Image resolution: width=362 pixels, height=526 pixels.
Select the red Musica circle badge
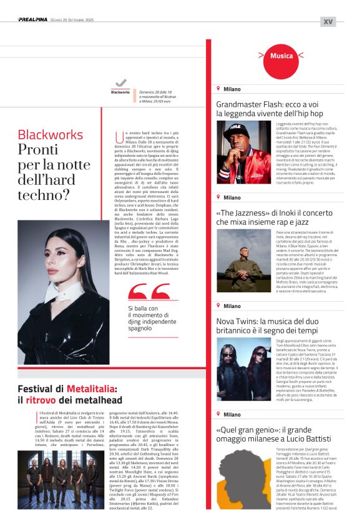tap(281, 56)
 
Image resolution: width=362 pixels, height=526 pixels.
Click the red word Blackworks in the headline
tap(50, 135)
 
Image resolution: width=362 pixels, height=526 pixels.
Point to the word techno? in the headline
tap(43, 196)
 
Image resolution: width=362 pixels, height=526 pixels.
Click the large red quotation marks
tap(149, 292)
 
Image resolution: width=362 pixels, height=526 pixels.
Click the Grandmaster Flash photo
tap(243, 152)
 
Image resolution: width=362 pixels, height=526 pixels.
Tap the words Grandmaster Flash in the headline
tap(250, 104)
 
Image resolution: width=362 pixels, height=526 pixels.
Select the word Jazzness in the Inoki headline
tap(247, 213)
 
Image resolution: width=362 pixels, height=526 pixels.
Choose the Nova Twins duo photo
tap(243, 369)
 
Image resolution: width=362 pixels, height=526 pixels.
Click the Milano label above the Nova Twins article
tap(232, 306)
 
